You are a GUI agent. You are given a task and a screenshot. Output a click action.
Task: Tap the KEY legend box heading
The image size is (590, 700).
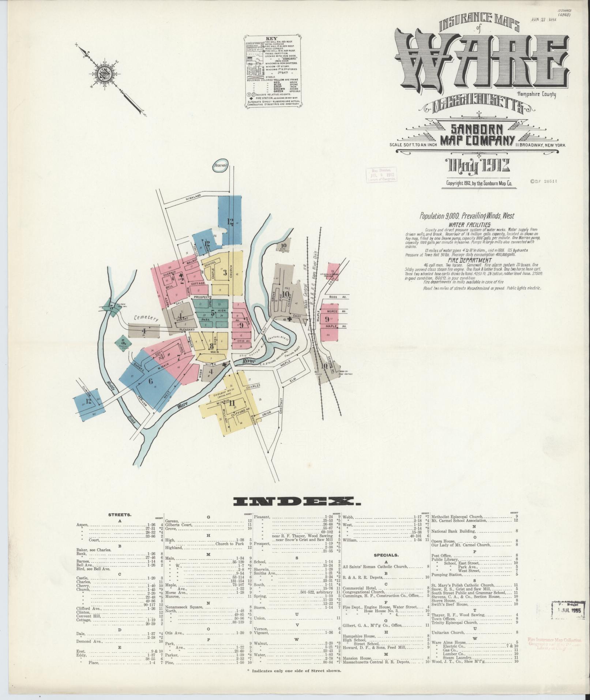(271, 38)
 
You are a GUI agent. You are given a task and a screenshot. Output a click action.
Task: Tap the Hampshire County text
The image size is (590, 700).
(536, 94)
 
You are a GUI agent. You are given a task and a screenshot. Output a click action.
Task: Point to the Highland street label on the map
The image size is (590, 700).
(193, 197)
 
